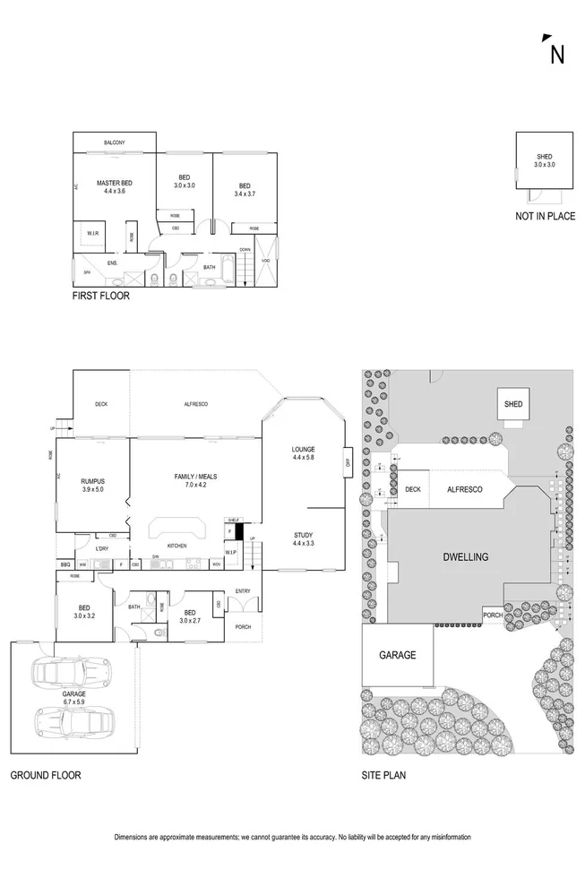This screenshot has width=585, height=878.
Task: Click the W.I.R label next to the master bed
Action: coord(92,233)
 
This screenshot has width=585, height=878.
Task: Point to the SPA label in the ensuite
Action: coord(88,271)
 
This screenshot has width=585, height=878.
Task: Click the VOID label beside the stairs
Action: coord(266,261)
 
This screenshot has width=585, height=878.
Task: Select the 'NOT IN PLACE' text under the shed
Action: coord(545,216)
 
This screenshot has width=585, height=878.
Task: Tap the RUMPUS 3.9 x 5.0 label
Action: coord(93,485)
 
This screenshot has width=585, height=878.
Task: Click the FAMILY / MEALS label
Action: coord(190,480)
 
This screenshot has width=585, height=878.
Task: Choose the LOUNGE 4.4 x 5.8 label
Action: coord(304,453)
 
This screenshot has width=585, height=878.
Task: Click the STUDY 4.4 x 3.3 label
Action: coord(304,540)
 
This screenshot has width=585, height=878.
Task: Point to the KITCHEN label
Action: coord(176,546)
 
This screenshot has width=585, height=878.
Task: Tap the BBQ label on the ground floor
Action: coord(65,564)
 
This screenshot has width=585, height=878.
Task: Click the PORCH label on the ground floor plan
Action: coord(242,626)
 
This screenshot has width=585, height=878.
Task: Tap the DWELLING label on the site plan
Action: coord(464,556)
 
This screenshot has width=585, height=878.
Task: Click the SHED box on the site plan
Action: coord(512,405)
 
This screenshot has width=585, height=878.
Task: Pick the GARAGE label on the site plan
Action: coord(397,655)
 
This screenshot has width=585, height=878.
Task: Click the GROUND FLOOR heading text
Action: coord(45,776)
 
